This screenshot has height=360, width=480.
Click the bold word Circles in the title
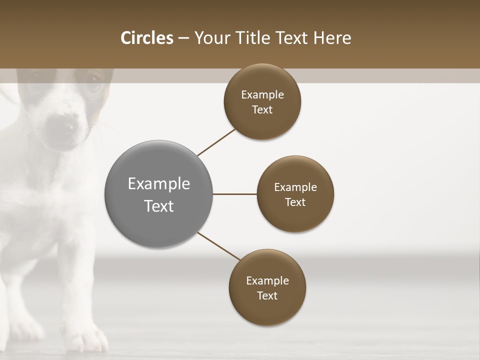[146, 38]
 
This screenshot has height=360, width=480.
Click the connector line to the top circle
[216, 142]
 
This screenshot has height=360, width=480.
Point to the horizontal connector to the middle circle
[234, 194]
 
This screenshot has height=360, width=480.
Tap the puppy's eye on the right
[93, 81]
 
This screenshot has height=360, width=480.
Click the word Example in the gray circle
[159, 184]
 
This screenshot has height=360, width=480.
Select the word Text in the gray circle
[159, 206]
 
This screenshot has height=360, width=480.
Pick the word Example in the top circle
[262, 95]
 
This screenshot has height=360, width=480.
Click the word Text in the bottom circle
[267, 296]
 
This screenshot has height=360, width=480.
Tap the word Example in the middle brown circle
[295, 187]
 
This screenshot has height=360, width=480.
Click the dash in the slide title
[183, 38]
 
